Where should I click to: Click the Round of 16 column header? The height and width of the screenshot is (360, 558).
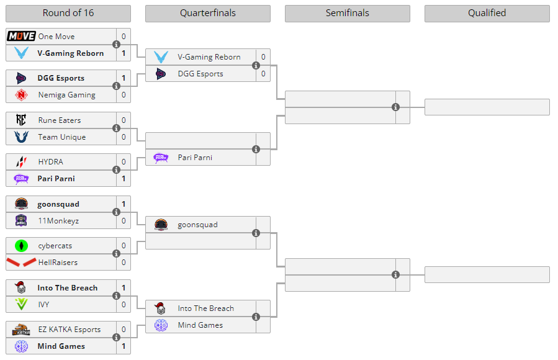click(x=68, y=13)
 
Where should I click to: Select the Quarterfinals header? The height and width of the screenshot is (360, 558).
click(x=207, y=13)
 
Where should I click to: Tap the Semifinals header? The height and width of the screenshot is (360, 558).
click(x=347, y=13)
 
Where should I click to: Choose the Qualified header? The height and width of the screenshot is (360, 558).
click(x=487, y=13)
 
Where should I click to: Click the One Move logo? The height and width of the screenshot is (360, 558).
click(x=21, y=37)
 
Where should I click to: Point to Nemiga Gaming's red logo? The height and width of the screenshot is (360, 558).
click(x=21, y=95)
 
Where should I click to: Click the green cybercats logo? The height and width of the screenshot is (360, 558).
click(x=21, y=246)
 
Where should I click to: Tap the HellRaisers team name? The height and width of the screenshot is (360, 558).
click(x=58, y=263)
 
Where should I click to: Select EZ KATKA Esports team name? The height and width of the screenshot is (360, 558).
click(x=69, y=330)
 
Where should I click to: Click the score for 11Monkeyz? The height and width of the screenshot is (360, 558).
click(x=124, y=221)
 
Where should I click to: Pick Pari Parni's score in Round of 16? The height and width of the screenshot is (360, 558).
click(x=124, y=179)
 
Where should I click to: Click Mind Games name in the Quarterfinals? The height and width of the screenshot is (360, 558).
click(x=200, y=325)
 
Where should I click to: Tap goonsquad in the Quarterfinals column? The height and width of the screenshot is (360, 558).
click(x=197, y=225)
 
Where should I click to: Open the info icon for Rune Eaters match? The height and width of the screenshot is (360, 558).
click(x=116, y=128)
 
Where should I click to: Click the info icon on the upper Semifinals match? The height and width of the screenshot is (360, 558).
click(x=395, y=107)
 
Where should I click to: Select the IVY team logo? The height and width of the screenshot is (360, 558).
click(x=21, y=305)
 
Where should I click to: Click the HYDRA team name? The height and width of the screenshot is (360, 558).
click(x=50, y=162)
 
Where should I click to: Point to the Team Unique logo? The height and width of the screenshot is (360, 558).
click(x=21, y=137)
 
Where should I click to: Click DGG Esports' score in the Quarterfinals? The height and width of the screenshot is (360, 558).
click(x=263, y=74)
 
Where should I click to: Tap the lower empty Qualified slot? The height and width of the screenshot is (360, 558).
click(x=487, y=275)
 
